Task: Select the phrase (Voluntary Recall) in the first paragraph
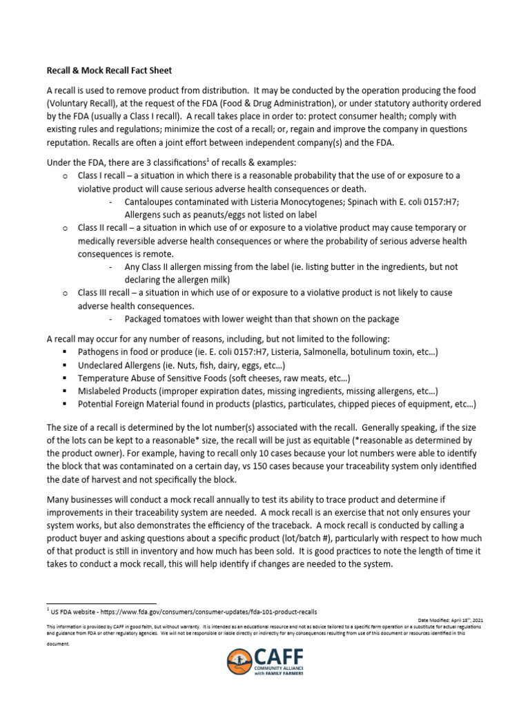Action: tap(81, 104)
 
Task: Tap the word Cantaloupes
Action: tap(153, 202)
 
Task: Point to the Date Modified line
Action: tap(451, 620)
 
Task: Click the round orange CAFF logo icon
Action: tap(239, 661)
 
